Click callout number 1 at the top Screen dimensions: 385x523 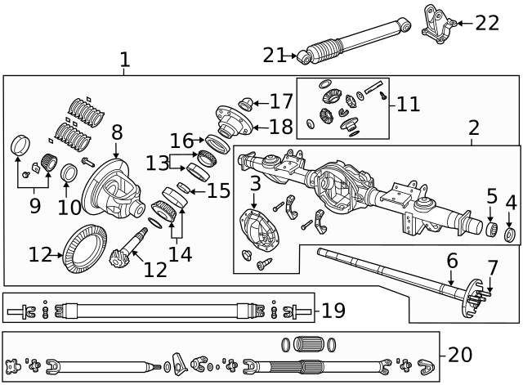[x=124, y=60]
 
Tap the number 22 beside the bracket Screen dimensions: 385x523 [x=487, y=23]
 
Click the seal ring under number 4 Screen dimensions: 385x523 [x=511, y=236]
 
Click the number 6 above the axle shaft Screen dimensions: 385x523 [x=452, y=262]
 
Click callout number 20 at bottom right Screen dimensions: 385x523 [x=460, y=354]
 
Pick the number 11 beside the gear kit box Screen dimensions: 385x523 [x=409, y=104]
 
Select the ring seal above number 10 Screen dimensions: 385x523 [x=69, y=174]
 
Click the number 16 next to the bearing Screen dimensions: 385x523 [x=182, y=141]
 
